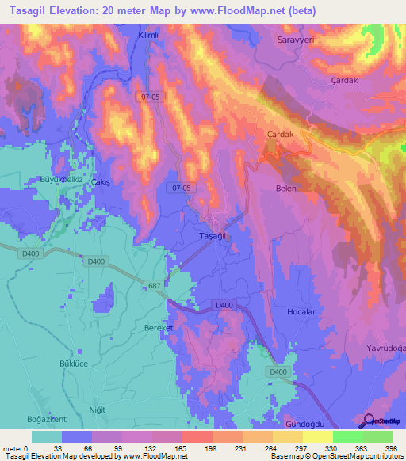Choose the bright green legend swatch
347,436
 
